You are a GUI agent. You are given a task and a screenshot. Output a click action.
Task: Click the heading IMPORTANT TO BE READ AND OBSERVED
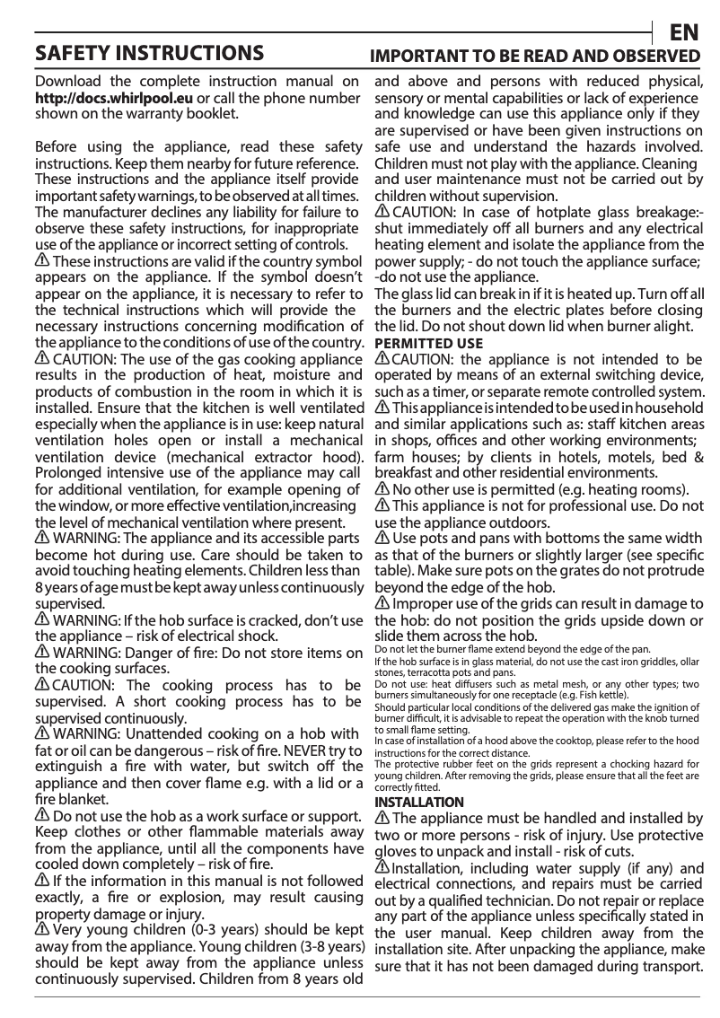tap(536, 56)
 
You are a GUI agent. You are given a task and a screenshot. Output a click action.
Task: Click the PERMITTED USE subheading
tap(428, 344)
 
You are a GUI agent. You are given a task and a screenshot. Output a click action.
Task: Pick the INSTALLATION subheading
tap(419, 802)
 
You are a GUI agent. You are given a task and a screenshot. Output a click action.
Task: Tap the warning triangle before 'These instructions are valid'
tap(42, 260)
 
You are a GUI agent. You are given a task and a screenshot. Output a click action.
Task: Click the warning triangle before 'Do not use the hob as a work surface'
tap(42, 815)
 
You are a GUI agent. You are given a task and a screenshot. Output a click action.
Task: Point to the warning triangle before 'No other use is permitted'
tap(382, 489)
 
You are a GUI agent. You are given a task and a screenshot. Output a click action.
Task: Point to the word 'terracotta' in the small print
tap(434, 671)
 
